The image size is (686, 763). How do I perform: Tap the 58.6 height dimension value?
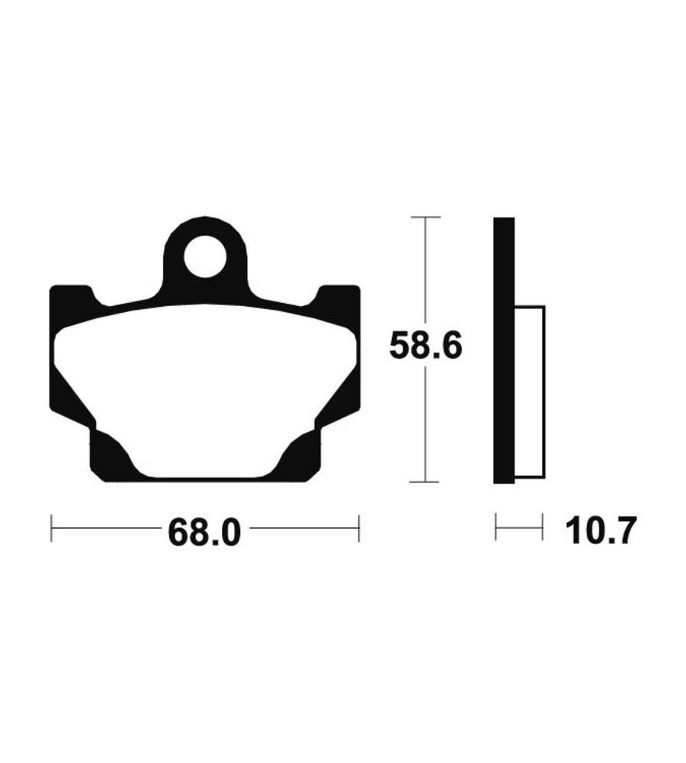426,346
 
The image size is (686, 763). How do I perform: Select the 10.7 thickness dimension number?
601,531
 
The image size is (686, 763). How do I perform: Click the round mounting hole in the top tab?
206,256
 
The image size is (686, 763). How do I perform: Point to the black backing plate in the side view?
504,350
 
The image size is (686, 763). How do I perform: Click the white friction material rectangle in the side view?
530,391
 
